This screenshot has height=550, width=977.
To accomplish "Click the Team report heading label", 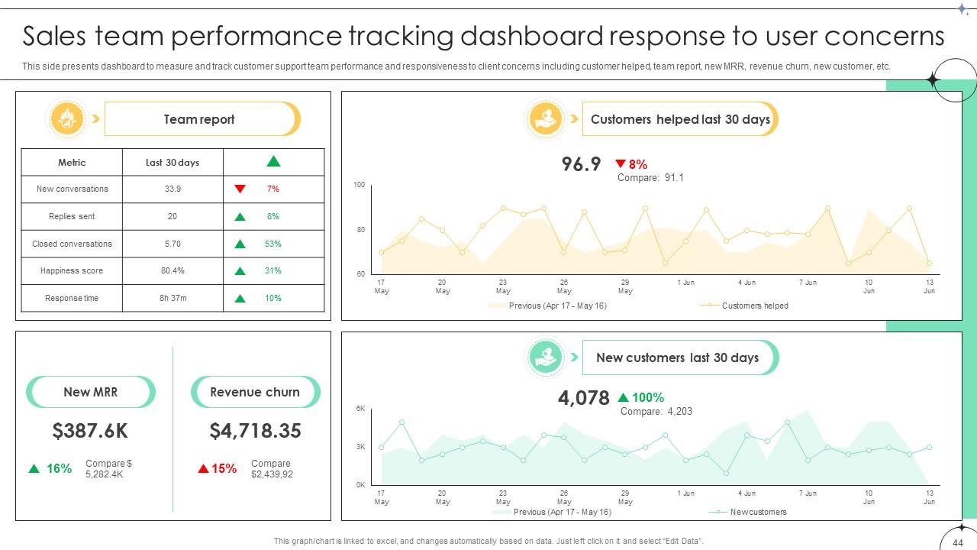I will pyautogui.click(x=199, y=119).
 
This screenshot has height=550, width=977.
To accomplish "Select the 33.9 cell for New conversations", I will pyautogui.click(x=173, y=189).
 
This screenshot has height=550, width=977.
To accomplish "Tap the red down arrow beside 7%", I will pyautogui.click(x=240, y=189).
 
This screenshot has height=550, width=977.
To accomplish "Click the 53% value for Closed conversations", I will pyautogui.click(x=272, y=244).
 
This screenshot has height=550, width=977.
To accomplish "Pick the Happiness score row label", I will pyautogui.click(x=72, y=270).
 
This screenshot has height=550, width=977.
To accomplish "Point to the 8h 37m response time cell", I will pyautogui.click(x=173, y=298).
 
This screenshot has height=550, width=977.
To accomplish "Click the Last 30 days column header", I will pyautogui.click(x=173, y=162).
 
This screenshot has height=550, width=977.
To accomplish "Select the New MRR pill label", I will pyautogui.click(x=90, y=392).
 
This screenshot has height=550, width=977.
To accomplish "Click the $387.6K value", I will pyautogui.click(x=90, y=431).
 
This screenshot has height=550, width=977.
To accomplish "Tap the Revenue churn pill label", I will pyautogui.click(x=255, y=392).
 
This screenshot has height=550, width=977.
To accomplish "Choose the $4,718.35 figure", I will pyautogui.click(x=255, y=431).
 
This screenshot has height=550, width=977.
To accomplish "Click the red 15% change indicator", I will pyautogui.click(x=218, y=468).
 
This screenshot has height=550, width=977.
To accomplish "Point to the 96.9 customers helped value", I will pyautogui.click(x=581, y=164).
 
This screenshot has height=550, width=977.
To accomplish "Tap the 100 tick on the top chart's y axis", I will pyautogui.click(x=360, y=185).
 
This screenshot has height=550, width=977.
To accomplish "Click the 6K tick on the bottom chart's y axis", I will pyautogui.click(x=361, y=409).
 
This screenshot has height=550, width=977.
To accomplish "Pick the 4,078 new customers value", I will pyautogui.click(x=584, y=398).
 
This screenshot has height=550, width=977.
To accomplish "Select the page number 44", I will pyautogui.click(x=958, y=543).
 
